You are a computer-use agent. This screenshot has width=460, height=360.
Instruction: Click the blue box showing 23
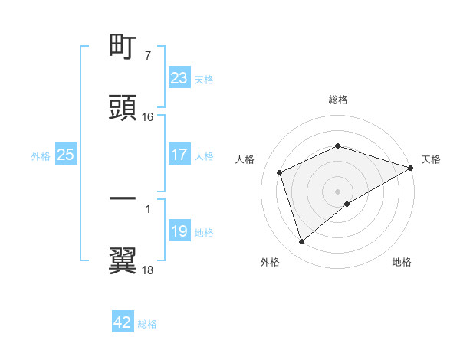tap(179, 78)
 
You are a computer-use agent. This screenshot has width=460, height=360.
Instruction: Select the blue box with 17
tap(179, 155)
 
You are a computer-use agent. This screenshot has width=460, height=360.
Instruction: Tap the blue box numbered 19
tap(179, 231)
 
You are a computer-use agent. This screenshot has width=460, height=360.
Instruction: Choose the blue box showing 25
tap(65, 155)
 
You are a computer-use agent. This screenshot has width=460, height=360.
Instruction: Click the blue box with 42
tap(123, 322)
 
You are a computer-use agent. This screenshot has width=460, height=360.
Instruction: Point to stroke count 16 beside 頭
tap(148, 117)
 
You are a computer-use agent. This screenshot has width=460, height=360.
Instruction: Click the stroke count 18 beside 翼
tap(148, 270)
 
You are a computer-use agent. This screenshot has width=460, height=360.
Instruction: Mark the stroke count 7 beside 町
tap(147, 56)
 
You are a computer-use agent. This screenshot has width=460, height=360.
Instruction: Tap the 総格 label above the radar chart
tap(338, 100)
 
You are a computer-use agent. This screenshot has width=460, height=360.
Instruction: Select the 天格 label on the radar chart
tap(431, 159)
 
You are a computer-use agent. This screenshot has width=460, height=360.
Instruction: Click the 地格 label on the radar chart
tap(402, 263)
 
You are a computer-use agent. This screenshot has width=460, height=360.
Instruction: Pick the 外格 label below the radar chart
tap(270, 263)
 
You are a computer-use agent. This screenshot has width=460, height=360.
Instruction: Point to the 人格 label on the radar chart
tap(245, 159)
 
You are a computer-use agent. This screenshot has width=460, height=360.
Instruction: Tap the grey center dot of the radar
tap(338, 191)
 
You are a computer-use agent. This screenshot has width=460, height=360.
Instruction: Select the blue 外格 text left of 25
tap(41, 156)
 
